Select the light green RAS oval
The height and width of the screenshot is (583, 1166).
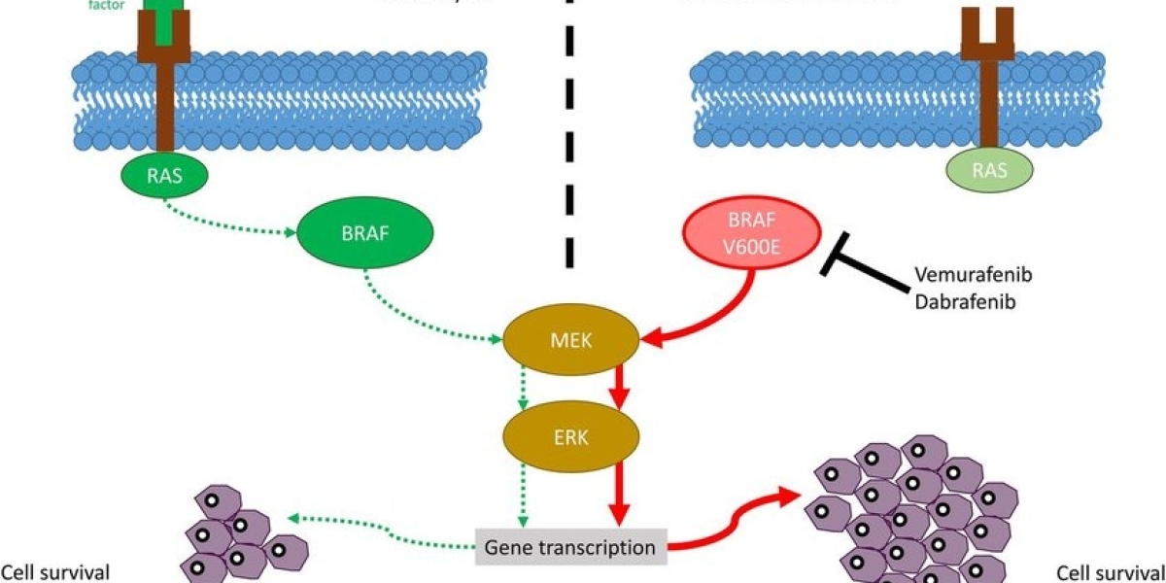point(989,173)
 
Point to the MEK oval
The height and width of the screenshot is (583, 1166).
point(571,339)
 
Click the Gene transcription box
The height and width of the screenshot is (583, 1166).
point(571,547)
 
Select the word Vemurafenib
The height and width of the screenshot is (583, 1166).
point(973,275)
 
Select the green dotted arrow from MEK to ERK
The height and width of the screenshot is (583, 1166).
point(523,387)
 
